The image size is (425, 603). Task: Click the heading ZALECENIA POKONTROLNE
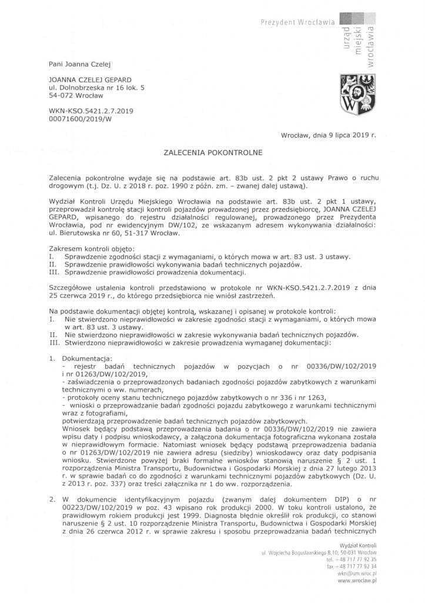pyautogui.click(x=212, y=151)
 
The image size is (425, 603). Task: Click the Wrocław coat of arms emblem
pyautogui.click(x=354, y=95)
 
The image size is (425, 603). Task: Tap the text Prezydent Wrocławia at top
pyautogui.click(x=297, y=22)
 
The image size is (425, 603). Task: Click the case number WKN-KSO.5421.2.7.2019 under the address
pyautogui.click(x=92, y=111)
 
